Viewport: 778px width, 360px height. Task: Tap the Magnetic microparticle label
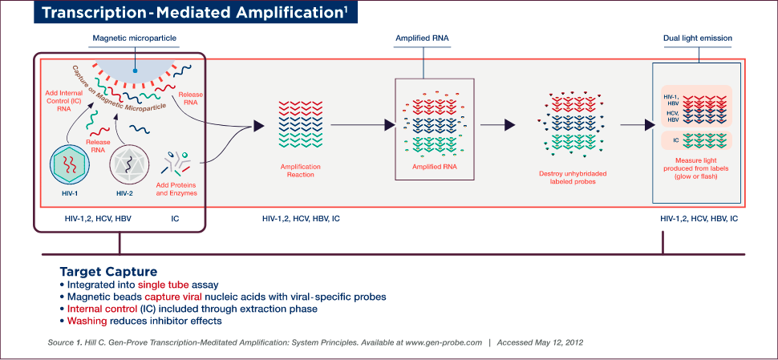click(134, 38)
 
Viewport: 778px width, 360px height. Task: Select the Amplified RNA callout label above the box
click(422, 38)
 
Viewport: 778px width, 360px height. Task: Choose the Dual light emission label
click(697, 38)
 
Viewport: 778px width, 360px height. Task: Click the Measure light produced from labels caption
click(696, 169)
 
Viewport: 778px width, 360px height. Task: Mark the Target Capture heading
click(107, 271)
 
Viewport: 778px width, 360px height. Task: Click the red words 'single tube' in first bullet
click(165, 285)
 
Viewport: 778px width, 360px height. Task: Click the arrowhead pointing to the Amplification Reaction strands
click(257, 125)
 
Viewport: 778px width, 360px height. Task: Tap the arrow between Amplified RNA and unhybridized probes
click(508, 125)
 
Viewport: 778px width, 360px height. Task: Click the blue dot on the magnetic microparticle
click(136, 70)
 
